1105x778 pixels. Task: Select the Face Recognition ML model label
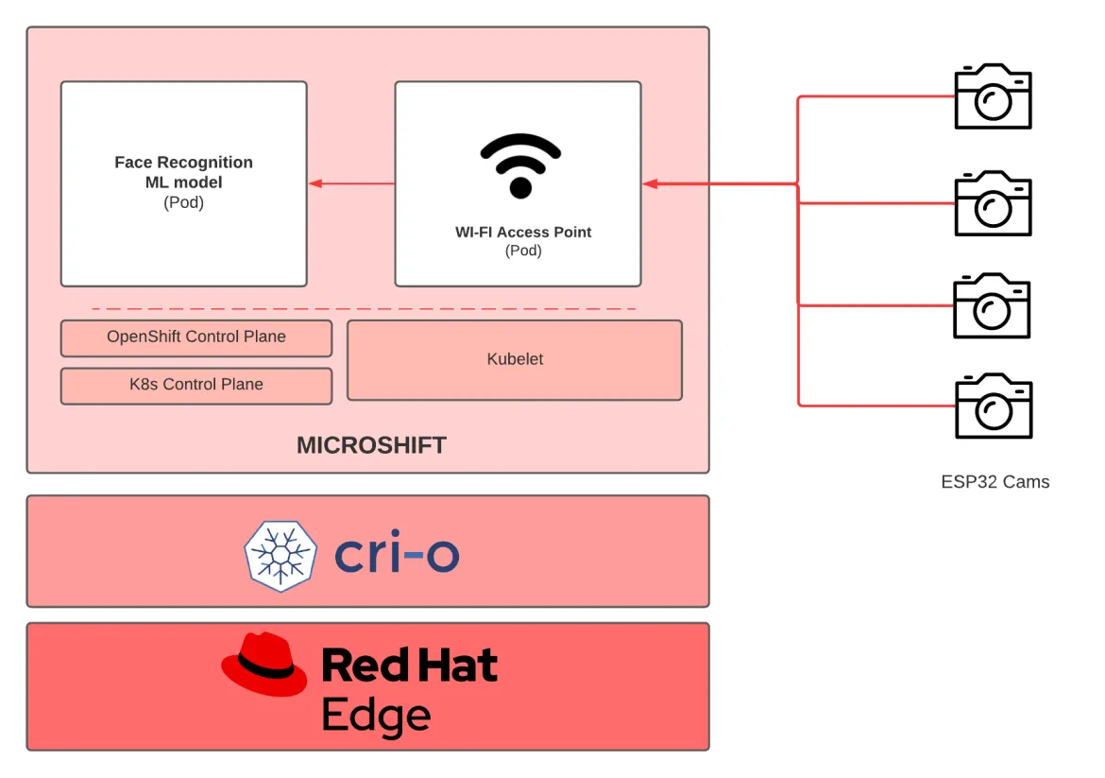pyautogui.click(x=183, y=173)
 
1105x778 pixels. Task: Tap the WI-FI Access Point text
pyautogui.click(x=523, y=232)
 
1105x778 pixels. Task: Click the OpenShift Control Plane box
pyautogui.click(x=196, y=337)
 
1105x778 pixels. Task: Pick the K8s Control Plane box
pyautogui.click(x=196, y=385)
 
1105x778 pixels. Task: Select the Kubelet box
pyautogui.click(x=515, y=359)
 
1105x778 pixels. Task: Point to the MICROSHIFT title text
pyautogui.click(x=371, y=445)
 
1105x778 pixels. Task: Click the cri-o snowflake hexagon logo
pyautogui.click(x=280, y=556)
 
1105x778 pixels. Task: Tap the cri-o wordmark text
pyautogui.click(x=397, y=556)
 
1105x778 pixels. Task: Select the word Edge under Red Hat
pyautogui.click(x=376, y=716)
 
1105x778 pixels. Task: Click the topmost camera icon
pyautogui.click(x=993, y=96)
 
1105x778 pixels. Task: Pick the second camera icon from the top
pyautogui.click(x=993, y=203)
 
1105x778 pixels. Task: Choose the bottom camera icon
pyautogui.click(x=993, y=406)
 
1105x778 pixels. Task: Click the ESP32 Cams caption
pyautogui.click(x=994, y=482)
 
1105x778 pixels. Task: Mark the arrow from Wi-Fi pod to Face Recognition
pyautogui.click(x=351, y=183)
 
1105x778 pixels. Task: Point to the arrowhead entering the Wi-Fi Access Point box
pyautogui.click(x=651, y=183)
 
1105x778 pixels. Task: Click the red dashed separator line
pyautogui.click(x=364, y=309)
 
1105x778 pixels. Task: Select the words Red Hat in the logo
pyautogui.click(x=409, y=666)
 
